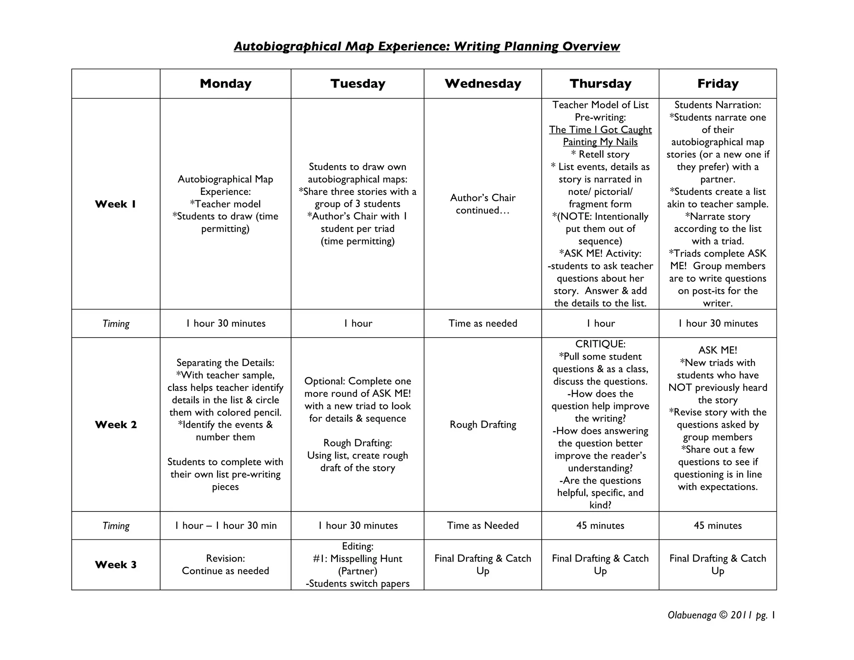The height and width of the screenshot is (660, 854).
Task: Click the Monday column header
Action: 226,83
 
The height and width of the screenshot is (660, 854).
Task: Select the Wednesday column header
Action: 482,83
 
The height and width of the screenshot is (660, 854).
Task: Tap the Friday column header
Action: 718,83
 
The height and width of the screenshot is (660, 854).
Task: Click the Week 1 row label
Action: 116,204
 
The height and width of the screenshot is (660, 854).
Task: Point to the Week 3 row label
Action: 116,564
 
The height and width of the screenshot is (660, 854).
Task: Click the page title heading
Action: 427,46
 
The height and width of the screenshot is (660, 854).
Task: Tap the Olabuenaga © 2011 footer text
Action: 721,615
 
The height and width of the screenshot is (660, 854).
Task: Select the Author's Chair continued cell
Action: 482,204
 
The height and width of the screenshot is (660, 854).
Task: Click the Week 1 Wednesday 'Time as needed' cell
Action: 482,323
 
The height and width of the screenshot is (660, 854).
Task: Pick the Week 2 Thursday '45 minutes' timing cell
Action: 600,525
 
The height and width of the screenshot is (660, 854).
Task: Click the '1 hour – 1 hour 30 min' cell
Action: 226,525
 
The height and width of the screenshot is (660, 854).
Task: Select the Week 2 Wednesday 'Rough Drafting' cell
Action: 482,424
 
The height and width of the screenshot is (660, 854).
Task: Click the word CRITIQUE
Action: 600,344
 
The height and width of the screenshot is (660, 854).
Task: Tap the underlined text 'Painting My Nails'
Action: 600,142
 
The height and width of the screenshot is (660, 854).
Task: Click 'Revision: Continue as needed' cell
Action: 226,564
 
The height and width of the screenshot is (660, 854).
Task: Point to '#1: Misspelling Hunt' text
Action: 357,558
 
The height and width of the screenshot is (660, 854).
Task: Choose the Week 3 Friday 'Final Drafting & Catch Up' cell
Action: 718,564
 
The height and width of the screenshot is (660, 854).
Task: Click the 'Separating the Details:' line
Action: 226,363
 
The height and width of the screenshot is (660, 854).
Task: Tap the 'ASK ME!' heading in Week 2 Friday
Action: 718,350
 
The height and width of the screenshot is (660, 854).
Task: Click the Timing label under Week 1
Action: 116,323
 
